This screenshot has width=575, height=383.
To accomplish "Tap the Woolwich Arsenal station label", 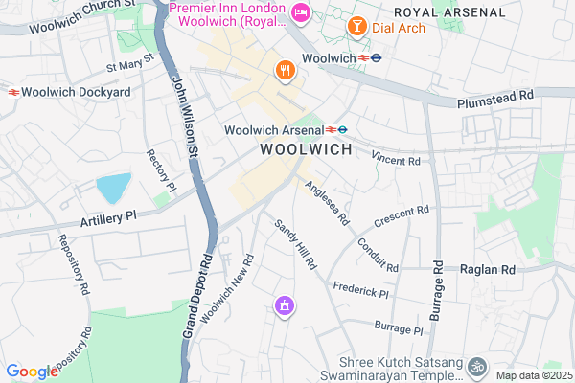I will click(275, 129).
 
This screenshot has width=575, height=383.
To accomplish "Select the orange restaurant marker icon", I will click(285, 70).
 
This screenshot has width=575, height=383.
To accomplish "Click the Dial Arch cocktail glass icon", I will click(356, 27).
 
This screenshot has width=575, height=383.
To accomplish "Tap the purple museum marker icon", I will click(284, 306).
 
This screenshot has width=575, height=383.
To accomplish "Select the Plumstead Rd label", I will click(495, 97).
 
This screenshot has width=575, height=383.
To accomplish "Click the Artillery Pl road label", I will click(111, 216).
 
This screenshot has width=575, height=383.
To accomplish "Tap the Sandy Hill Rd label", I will click(295, 243).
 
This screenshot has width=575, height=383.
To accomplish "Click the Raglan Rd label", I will click(488, 270).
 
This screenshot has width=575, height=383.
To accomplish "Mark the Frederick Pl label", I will click(360, 287).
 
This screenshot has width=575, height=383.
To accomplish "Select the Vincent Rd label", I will click(397, 160).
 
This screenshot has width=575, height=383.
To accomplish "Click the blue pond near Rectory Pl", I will click(111, 188).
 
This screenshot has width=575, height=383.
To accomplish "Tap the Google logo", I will click(32, 372).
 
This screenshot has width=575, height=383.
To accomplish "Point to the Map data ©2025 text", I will click(533, 376).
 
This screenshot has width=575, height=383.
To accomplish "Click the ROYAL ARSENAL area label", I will click(448, 11).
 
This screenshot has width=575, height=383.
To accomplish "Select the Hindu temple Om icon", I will click(477, 365).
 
